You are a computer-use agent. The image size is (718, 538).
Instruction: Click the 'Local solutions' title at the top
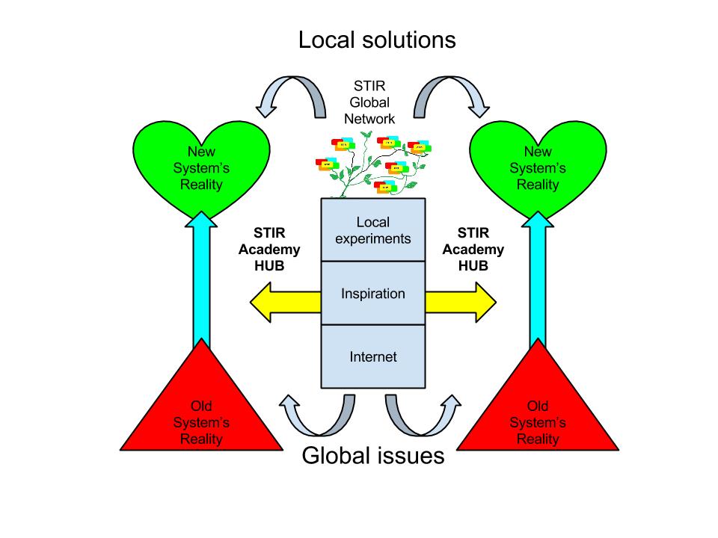click(376, 39)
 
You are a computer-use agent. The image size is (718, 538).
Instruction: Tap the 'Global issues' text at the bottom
click(372, 455)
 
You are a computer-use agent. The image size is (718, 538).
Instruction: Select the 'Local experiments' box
click(372, 230)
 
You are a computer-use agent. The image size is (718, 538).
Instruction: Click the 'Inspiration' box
click(372, 293)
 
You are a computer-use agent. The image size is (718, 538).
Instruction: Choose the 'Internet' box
click(372, 356)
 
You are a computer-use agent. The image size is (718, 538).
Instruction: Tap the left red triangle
click(201, 415)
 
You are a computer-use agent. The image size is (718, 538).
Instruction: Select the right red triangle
click(537, 415)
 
